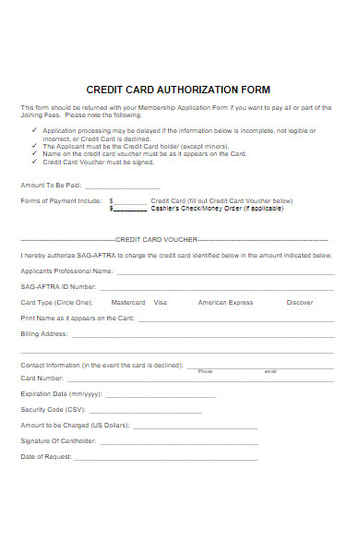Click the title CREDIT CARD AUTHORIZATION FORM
(x=178, y=90)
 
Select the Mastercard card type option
(x=127, y=302)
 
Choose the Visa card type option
(x=161, y=302)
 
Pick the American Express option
(x=225, y=302)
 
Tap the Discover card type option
(x=300, y=302)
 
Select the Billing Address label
(x=43, y=333)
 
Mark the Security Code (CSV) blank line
(x=147, y=410)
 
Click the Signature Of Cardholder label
(x=57, y=440)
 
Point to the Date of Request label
(x=45, y=456)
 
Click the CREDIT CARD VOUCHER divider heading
(x=178, y=238)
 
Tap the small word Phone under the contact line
(x=205, y=370)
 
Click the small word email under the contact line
(x=270, y=370)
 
